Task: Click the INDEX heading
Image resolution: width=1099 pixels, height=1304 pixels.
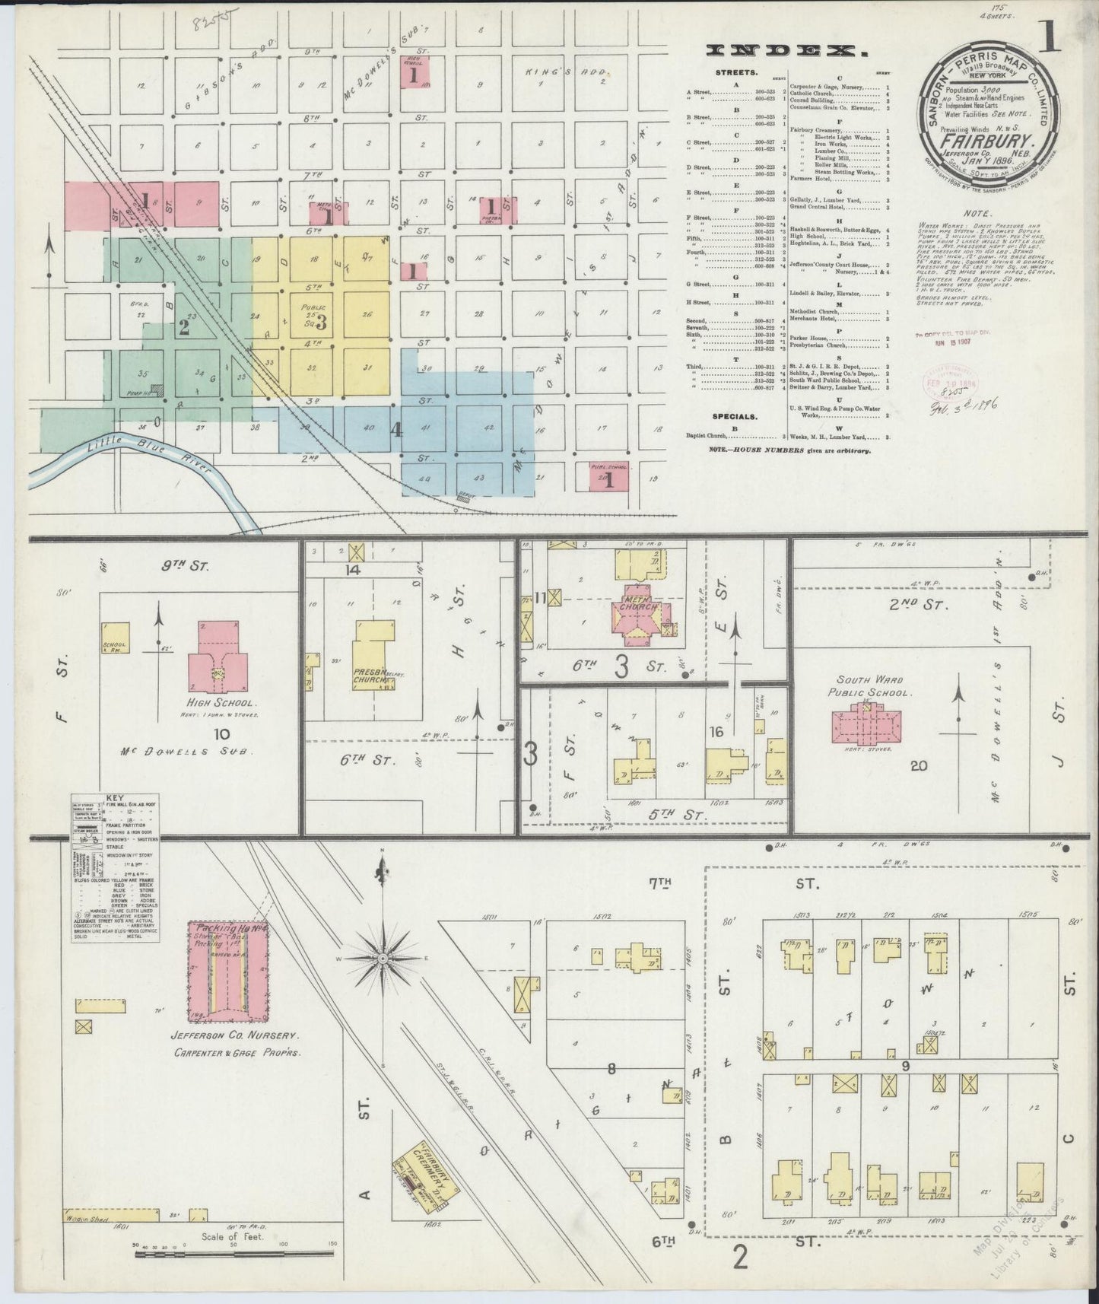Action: pos(788,51)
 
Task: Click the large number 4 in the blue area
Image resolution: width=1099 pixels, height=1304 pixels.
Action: pos(396,430)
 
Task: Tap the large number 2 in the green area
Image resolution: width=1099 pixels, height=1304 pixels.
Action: pos(183,327)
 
